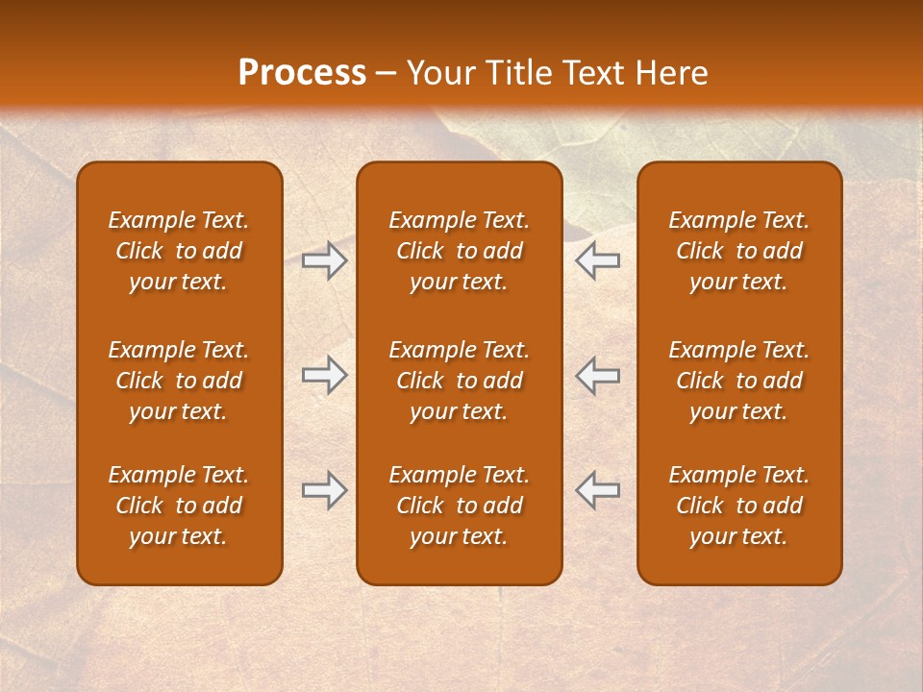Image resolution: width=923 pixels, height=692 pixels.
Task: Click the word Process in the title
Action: [302, 73]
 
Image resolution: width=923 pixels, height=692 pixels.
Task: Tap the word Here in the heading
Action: [672, 73]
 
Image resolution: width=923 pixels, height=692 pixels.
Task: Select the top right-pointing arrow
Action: [324, 260]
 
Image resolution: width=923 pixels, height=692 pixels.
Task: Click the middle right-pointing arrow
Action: [324, 375]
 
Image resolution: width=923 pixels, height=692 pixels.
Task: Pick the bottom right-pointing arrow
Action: [324, 490]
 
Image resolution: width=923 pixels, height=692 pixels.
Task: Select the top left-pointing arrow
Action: [598, 260]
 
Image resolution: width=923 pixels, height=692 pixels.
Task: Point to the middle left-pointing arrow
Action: [598, 375]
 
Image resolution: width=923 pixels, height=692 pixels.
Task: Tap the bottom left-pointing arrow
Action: [598, 490]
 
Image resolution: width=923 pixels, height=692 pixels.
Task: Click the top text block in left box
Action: [179, 251]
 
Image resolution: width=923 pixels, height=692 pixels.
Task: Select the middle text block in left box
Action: [179, 381]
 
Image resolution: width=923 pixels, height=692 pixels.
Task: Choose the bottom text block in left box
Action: [179, 506]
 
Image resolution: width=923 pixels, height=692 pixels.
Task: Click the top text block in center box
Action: [459, 251]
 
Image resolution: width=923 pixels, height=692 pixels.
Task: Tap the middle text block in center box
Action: [459, 381]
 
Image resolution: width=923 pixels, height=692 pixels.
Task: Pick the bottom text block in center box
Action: [459, 506]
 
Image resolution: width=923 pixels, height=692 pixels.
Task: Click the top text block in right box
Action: [738, 251]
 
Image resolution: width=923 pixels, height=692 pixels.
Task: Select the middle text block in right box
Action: [738, 381]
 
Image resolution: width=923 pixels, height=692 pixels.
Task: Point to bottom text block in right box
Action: [738, 506]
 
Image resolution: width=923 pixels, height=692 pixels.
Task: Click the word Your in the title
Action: [437, 73]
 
